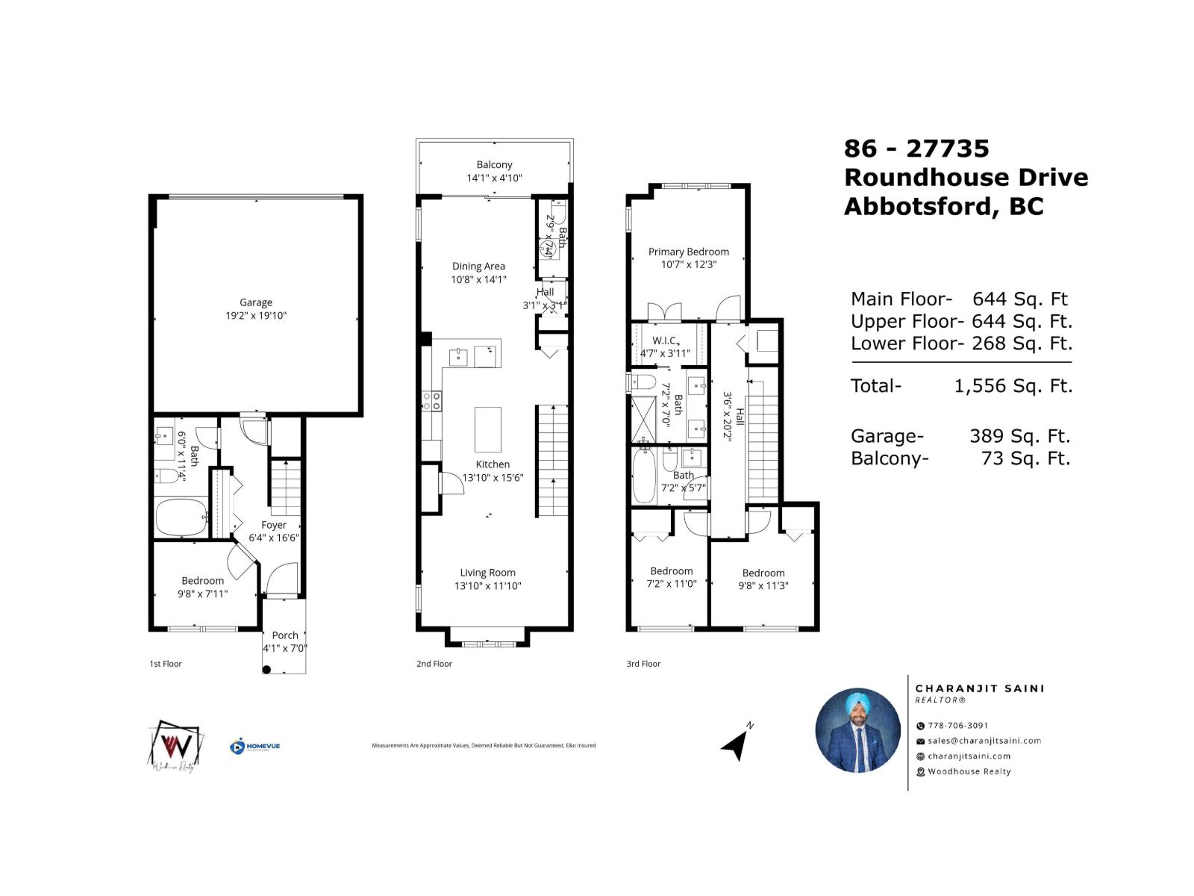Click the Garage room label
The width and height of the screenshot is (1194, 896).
pos(256,302)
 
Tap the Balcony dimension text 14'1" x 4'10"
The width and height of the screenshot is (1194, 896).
pos(494,178)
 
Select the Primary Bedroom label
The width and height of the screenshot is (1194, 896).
pos(688,252)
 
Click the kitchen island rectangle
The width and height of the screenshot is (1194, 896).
pos(488,429)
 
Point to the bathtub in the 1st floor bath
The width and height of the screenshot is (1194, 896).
pos(181,517)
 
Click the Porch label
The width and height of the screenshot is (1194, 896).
pos(285,635)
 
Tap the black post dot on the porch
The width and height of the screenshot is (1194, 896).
pos(267,670)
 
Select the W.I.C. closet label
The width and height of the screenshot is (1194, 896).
pos(664,340)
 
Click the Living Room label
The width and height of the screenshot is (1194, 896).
pos(487,573)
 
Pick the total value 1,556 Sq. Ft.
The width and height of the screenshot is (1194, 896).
pos(1013,386)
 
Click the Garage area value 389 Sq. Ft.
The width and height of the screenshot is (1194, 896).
pos(1019,436)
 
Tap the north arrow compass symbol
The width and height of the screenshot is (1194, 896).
pos(737,742)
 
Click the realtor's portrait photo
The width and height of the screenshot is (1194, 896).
pos(858,730)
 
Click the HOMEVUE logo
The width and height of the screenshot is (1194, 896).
pos(255,746)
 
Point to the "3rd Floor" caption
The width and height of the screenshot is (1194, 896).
pos(643,664)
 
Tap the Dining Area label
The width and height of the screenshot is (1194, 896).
pos(478,266)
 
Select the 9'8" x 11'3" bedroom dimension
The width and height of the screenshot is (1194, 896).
pos(763,586)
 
